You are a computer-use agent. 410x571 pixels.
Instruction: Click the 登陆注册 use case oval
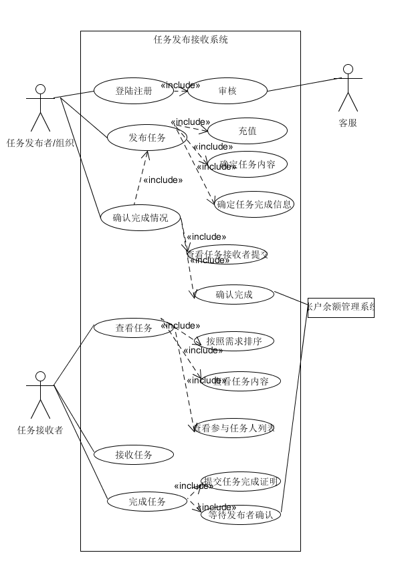134,91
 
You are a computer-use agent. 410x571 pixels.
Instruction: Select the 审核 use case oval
227,91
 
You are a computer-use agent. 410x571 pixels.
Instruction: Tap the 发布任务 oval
147,138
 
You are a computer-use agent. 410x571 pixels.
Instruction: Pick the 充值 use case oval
247,131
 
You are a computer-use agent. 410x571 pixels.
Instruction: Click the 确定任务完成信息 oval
254,204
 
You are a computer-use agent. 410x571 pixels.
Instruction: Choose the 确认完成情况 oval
140,217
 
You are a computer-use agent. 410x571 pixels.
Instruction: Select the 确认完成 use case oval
234,295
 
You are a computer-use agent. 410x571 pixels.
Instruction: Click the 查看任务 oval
134,328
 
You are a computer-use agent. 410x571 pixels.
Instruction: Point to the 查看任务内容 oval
241,381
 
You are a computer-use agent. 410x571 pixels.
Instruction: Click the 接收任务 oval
134,455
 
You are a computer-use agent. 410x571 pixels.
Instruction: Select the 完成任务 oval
147,501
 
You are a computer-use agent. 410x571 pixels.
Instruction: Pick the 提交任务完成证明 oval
241,482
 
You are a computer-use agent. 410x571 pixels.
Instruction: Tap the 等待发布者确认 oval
241,515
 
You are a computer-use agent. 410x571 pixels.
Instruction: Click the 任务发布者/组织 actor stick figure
40,108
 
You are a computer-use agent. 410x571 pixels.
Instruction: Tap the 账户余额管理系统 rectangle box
340,307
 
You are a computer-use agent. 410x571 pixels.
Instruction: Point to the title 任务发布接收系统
191,39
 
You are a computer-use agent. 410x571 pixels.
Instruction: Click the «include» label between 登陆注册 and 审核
181,85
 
